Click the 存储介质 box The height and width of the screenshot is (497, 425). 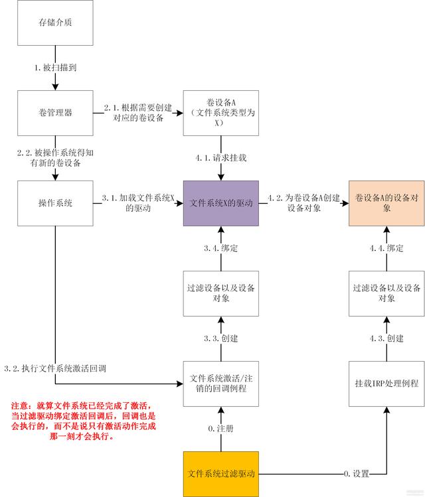(x=56, y=23)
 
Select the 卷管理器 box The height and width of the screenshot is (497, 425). (x=56, y=113)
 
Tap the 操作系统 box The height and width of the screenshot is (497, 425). (x=56, y=203)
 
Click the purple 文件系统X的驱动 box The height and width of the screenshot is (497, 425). (x=219, y=203)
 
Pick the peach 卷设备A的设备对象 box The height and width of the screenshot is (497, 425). (x=386, y=203)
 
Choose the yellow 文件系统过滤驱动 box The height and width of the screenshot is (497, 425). (x=219, y=474)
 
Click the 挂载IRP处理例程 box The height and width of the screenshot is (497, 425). (x=386, y=384)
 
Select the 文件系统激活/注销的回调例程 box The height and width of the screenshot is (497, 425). (x=219, y=384)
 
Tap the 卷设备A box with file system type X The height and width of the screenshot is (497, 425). (x=219, y=113)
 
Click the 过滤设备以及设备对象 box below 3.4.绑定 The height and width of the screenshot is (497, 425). (x=219, y=293)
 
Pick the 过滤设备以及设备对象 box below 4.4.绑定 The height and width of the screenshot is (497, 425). (x=386, y=293)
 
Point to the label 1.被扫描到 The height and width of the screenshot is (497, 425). (x=56, y=68)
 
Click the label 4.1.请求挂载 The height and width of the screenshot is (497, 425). (x=220, y=159)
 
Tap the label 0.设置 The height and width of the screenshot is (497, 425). (x=357, y=474)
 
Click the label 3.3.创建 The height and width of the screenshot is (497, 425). (x=220, y=338)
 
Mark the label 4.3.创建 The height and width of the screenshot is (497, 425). (x=386, y=338)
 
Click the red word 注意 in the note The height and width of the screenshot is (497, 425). (x=22, y=405)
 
